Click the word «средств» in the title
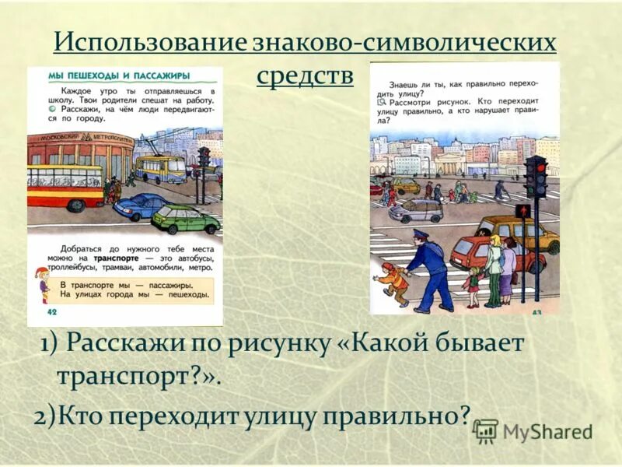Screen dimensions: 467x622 tap(304, 75)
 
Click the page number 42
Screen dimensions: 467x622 tap(54, 312)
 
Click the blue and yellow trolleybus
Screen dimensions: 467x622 tap(160, 167)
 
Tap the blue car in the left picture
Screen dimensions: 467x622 tap(141, 206)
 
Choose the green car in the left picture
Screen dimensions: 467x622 tap(186, 219)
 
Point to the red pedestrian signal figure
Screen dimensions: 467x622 tap(522, 211)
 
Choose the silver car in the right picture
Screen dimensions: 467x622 tap(416, 210)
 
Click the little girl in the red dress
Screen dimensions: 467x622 tap(473, 279)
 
